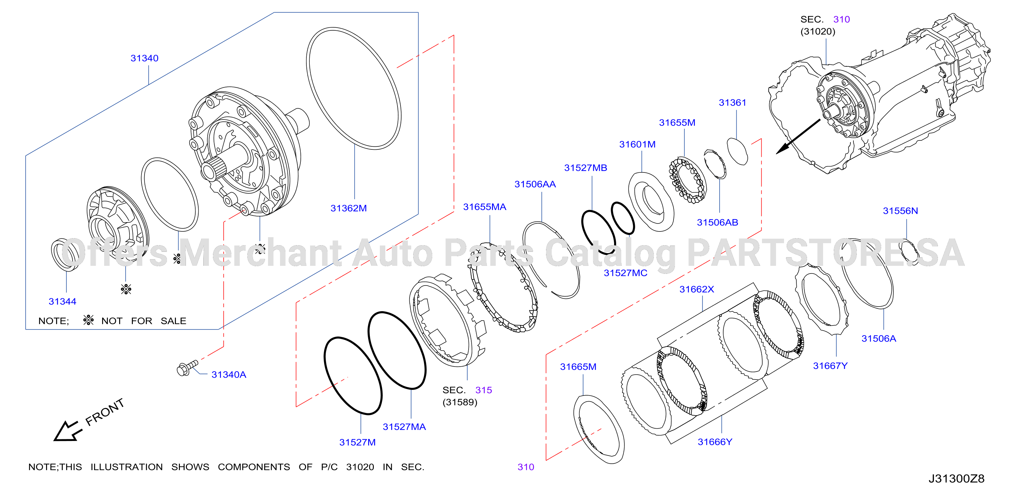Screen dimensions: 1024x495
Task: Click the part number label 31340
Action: click(144, 58)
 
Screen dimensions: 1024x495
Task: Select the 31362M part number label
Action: click(349, 208)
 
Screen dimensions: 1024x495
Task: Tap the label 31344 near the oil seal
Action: click(62, 302)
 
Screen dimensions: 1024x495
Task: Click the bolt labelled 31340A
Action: click(187, 368)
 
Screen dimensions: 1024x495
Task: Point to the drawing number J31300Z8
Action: click(957, 479)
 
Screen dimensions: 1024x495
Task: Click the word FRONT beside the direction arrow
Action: click(105, 412)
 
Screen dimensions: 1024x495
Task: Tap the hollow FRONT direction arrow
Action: click(67, 431)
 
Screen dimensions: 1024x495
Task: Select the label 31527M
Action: click(357, 442)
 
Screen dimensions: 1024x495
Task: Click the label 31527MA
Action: click(404, 427)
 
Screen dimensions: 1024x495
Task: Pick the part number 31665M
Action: click(578, 367)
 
